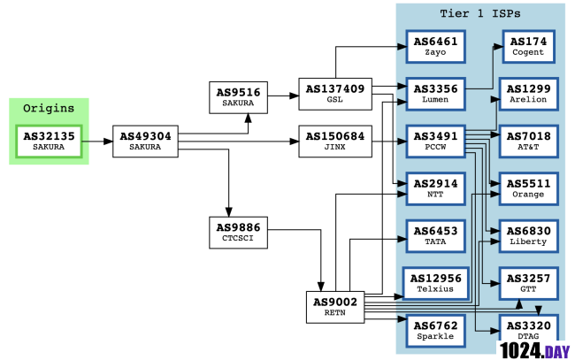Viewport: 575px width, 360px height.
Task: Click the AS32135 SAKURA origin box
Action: pos(49,141)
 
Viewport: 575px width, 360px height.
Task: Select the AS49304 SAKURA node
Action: pos(145,141)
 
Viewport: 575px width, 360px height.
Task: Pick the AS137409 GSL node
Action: pos(334,95)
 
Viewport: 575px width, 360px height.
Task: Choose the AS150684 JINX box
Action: pos(334,141)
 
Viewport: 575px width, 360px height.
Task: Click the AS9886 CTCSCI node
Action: pos(237,232)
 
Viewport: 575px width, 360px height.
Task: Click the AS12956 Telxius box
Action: pos(434,283)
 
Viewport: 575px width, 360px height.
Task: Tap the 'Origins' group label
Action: pos(49,108)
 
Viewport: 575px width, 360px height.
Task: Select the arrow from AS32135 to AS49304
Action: pos(99,141)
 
